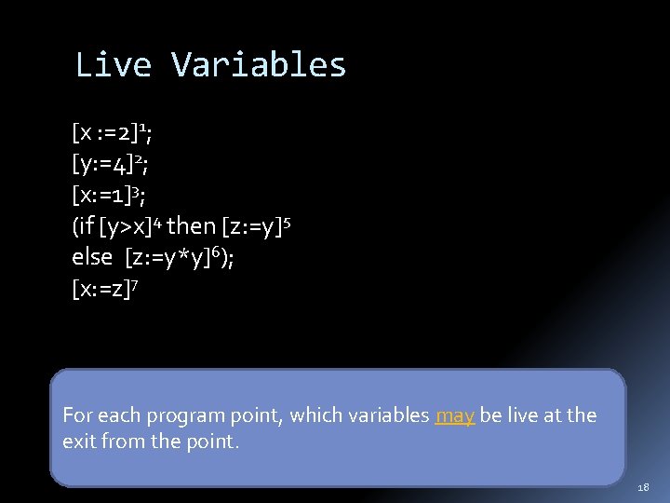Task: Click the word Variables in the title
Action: click(259, 65)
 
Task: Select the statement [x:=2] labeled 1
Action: click(110, 133)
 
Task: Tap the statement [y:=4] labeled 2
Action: click(105, 164)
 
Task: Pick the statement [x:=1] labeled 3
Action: click(105, 195)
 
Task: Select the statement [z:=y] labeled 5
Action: click(256, 226)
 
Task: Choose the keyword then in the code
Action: click(190, 226)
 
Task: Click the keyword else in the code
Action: click(92, 257)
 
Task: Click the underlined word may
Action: click(454, 415)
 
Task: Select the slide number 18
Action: click(645, 487)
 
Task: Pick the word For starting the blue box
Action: click(76, 415)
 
